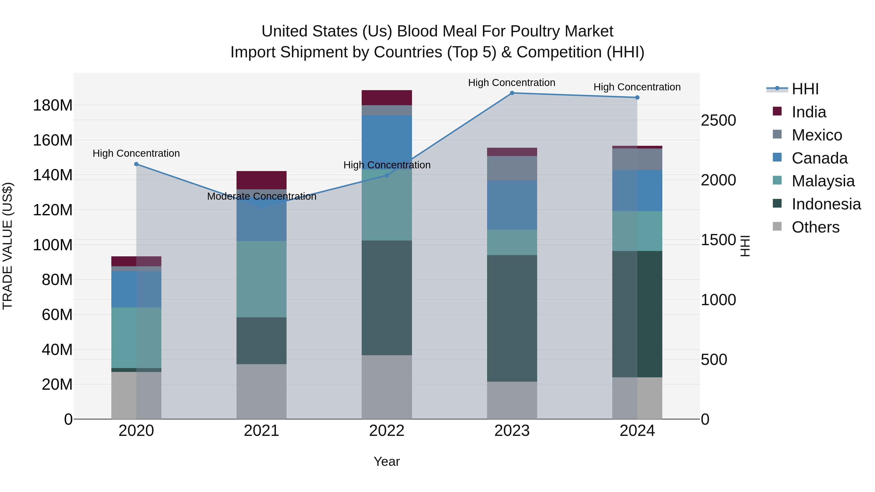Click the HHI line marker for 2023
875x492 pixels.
coord(512,93)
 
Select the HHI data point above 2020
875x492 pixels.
coord(136,164)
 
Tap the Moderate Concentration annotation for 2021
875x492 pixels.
coord(262,196)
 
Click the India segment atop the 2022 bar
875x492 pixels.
coord(386,98)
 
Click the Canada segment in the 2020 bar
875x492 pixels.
coord(136,289)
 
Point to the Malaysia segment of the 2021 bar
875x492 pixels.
coord(262,279)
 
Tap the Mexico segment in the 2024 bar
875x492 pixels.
coord(637,159)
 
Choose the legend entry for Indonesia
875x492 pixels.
coord(826,204)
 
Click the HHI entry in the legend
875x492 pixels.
coord(805,89)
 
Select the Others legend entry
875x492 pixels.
coord(815,227)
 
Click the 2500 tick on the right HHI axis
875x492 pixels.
coord(718,121)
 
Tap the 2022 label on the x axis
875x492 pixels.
coord(386,431)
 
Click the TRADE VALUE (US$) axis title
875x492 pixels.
coord(8,246)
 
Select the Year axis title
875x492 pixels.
coord(386,461)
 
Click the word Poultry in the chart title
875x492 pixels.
coord(535,31)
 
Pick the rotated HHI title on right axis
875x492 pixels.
coord(745,246)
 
